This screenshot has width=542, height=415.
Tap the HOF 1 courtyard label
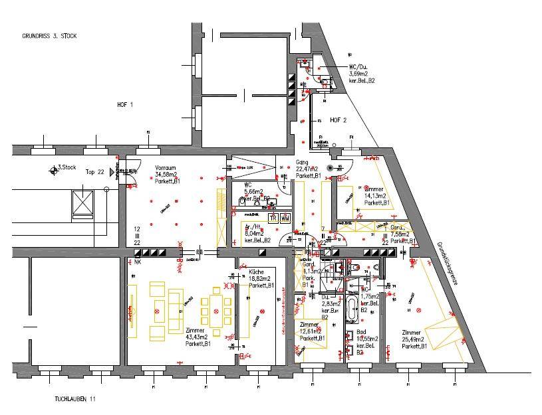click(125, 105)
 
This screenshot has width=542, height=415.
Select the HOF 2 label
click(339, 120)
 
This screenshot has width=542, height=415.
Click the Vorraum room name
click(166, 168)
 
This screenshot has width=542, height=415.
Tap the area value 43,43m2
click(198, 338)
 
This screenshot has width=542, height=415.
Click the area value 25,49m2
click(414, 339)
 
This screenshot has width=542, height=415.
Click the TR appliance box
click(273, 218)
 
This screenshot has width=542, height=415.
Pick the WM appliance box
click(285, 218)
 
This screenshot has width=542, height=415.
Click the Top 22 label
click(95, 172)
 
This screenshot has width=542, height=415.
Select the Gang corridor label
click(302, 162)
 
